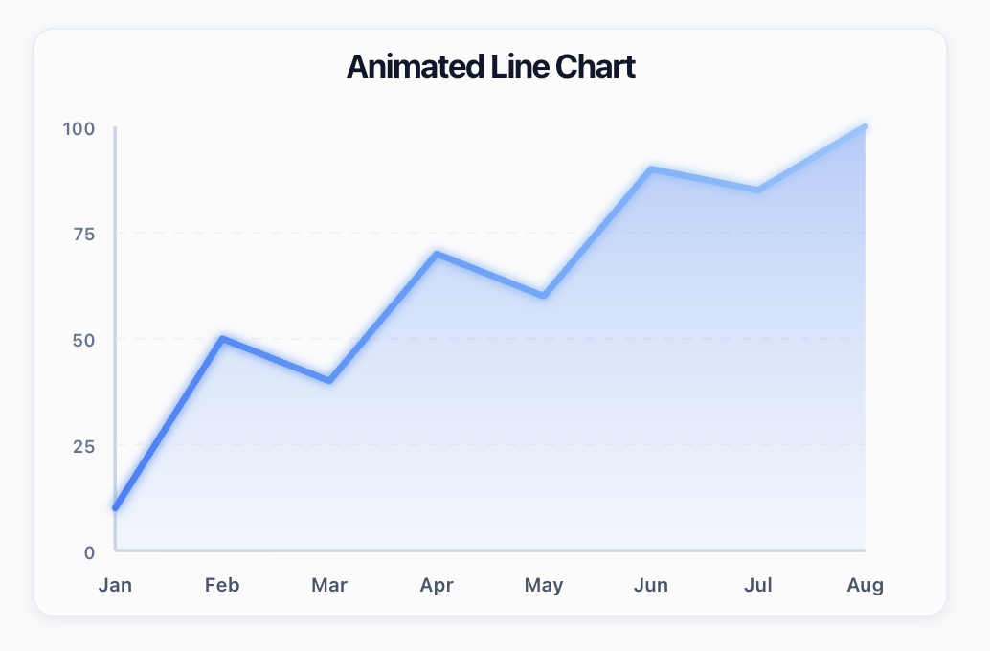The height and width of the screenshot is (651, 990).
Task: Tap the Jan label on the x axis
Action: (115, 585)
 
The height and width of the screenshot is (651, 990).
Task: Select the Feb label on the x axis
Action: (222, 585)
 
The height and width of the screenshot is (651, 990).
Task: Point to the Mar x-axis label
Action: (329, 585)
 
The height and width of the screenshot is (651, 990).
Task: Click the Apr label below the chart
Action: (437, 585)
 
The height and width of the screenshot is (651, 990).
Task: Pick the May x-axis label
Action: (544, 585)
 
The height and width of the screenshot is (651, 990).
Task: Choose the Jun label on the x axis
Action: (651, 585)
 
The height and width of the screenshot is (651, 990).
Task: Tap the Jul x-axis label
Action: (758, 585)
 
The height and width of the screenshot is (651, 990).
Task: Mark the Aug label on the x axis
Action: (866, 585)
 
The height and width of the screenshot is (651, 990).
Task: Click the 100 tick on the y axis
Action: (79, 128)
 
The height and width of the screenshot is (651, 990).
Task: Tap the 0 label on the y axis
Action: (89, 552)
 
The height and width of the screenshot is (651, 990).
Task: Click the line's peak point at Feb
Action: (222, 338)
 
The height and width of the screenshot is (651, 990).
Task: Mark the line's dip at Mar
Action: (329, 380)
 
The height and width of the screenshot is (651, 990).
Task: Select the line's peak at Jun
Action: (651, 168)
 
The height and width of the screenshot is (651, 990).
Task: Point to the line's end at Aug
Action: (865, 126)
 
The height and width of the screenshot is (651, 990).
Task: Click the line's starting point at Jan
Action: (116, 507)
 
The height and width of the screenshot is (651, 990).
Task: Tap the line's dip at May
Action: (544, 296)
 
